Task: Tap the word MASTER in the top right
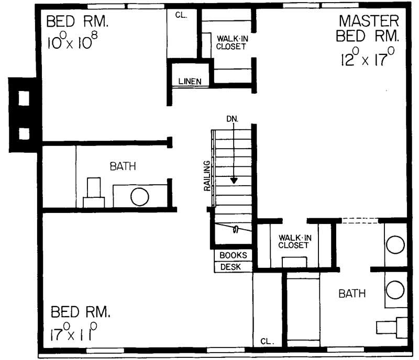369,21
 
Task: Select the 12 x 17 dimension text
367,58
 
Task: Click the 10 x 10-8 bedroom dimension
73,41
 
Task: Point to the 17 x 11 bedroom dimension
75,332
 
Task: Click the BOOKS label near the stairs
233,255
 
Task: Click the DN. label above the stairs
232,119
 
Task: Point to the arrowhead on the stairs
234,180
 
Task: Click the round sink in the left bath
140,197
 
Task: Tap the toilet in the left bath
94,193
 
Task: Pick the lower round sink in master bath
394,289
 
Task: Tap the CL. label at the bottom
267,341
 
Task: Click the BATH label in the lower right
352,294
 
